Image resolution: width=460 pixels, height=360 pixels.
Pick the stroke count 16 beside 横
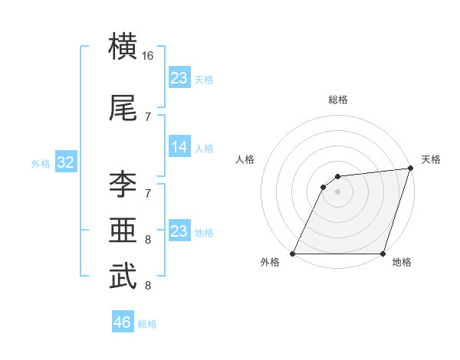click(x=148, y=56)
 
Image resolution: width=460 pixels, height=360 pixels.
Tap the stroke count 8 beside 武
click(x=148, y=286)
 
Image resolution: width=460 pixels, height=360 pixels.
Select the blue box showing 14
click(x=179, y=147)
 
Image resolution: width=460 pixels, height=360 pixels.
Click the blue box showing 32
click(x=65, y=162)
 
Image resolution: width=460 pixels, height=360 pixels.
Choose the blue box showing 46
click(x=123, y=322)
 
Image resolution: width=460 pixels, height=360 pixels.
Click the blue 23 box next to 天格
click(x=179, y=78)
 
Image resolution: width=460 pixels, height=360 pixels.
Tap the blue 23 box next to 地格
click(x=179, y=231)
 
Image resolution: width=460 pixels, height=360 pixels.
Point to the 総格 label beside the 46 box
click(x=147, y=324)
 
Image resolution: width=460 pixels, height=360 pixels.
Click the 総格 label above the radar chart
click(x=337, y=100)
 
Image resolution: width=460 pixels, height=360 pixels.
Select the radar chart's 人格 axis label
click(x=245, y=159)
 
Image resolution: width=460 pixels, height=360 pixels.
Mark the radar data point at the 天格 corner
click(x=410, y=169)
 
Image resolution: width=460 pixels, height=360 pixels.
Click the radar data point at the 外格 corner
click(x=293, y=254)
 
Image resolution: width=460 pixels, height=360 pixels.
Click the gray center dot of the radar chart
click(x=337, y=191)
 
